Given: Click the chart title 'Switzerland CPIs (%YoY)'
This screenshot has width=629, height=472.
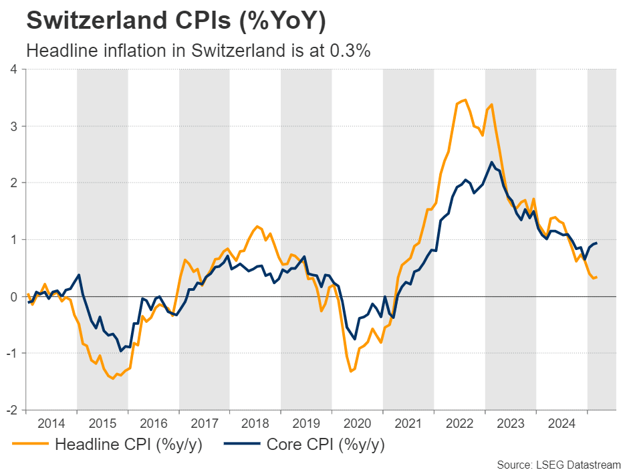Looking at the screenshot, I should click(176, 21).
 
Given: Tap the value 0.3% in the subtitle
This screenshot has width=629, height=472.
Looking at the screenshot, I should click(350, 51).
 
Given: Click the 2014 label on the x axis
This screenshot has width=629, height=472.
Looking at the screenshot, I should click(51, 423).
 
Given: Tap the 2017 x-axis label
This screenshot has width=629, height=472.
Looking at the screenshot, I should click(205, 423).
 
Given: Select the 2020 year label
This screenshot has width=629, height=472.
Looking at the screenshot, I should click(358, 423).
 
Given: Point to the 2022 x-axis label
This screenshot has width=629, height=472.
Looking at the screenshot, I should click(459, 423).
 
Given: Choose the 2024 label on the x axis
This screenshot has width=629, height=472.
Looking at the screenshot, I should click(561, 423).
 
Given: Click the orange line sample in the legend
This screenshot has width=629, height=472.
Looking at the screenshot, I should click(30, 443).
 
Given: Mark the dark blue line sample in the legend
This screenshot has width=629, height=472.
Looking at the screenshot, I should click(241, 443).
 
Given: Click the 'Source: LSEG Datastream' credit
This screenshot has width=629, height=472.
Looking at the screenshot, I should click(559, 464).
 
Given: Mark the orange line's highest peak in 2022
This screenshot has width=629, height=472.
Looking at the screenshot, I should click(465, 100).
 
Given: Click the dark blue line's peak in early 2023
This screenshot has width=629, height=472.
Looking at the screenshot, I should click(492, 162).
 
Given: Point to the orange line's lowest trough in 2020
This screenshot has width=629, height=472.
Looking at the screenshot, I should click(352, 371).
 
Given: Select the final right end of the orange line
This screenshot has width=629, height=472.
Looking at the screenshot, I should click(596, 277).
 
